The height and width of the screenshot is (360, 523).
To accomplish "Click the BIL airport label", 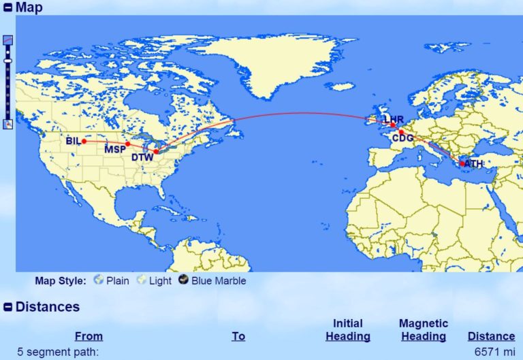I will pyautogui.click(x=73, y=142).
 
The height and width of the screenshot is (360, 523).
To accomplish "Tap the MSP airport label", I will pyautogui.click(x=115, y=150).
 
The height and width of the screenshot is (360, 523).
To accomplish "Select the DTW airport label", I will pyautogui.click(x=142, y=158).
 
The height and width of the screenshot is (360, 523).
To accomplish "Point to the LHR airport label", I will pyautogui.click(x=394, y=120).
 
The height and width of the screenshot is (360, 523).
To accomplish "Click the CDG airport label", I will pyautogui.click(x=403, y=138).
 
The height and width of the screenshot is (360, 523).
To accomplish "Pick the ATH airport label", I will pyautogui.click(x=473, y=164).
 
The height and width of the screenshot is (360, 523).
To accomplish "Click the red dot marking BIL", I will pyautogui.click(x=84, y=142).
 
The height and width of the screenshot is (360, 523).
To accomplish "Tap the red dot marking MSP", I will pyautogui.click(x=128, y=144).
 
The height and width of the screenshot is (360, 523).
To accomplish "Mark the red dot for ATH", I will pyautogui.click(x=462, y=163).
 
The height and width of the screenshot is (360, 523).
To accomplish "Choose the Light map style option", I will pyautogui.click(x=160, y=280).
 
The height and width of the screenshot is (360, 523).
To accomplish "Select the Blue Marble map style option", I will pyautogui.click(x=218, y=280).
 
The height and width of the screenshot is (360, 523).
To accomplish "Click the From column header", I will pyautogui.click(x=89, y=336).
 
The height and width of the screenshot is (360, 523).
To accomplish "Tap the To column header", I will pyautogui.click(x=238, y=336).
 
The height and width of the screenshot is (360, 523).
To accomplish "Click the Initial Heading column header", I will pyautogui.click(x=348, y=329).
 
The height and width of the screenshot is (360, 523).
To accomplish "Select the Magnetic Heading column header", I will pyautogui.click(x=424, y=329).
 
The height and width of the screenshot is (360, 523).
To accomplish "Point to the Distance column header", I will pyautogui.click(x=491, y=336).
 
